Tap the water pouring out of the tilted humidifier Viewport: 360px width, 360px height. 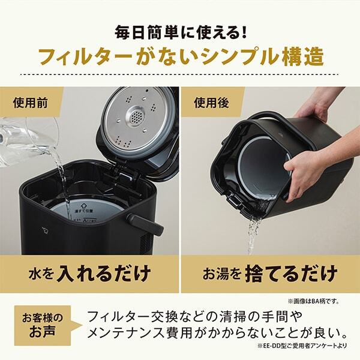pyautogui.click(x=254, y=231)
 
